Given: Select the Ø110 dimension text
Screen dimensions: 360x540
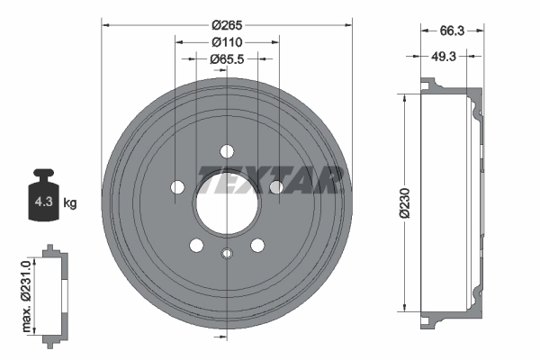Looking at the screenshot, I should coord(225,41).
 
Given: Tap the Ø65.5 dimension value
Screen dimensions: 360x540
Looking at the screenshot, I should coord(226,58).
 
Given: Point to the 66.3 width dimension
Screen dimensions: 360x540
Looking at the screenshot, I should coord(453,31).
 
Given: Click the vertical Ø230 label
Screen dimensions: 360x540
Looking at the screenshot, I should coord(408,203).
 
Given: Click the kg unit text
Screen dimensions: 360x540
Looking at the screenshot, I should coord(70,203).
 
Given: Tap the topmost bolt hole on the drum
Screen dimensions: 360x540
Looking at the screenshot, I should coord(226,150).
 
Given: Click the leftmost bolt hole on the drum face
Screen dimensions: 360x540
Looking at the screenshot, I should coord(177,187).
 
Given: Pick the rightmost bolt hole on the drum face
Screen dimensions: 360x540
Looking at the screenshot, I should coord(276,187).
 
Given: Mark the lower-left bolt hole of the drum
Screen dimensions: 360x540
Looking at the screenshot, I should coord(195,244).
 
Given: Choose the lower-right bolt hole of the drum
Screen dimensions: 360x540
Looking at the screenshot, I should coord(257,244).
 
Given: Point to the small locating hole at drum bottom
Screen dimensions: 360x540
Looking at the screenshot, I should coord(226,253).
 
